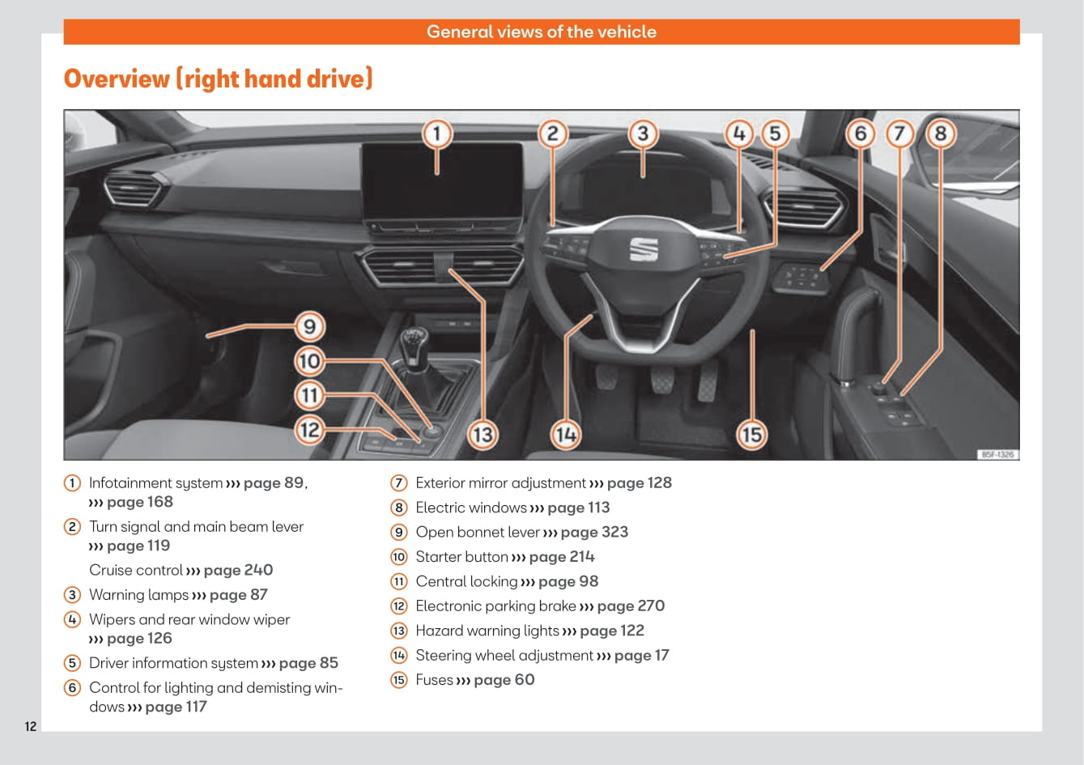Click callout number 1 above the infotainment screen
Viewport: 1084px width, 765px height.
[x=437, y=133]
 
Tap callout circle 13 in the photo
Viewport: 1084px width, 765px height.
[x=482, y=435]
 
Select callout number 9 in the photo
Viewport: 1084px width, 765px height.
[x=309, y=327]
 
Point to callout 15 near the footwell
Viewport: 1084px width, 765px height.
[x=752, y=435]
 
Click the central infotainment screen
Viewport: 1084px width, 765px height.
[x=442, y=182]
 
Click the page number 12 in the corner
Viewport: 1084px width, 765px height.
[x=31, y=726]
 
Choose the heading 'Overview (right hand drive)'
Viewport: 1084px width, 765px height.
[x=218, y=79]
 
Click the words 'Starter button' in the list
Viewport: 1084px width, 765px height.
[x=461, y=557]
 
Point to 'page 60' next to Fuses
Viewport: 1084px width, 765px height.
[x=504, y=680]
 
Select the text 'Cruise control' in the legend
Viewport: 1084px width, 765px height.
[x=136, y=570]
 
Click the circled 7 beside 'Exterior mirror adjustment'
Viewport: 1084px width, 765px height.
[x=399, y=483]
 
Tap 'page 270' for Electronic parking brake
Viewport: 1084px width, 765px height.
[x=631, y=606]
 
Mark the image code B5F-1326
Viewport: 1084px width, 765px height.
[x=997, y=454]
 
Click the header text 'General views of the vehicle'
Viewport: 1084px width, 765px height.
[x=542, y=32]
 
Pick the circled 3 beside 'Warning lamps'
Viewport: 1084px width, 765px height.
[x=73, y=595]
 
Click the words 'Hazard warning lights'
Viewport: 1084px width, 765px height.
[x=487, y=631]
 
